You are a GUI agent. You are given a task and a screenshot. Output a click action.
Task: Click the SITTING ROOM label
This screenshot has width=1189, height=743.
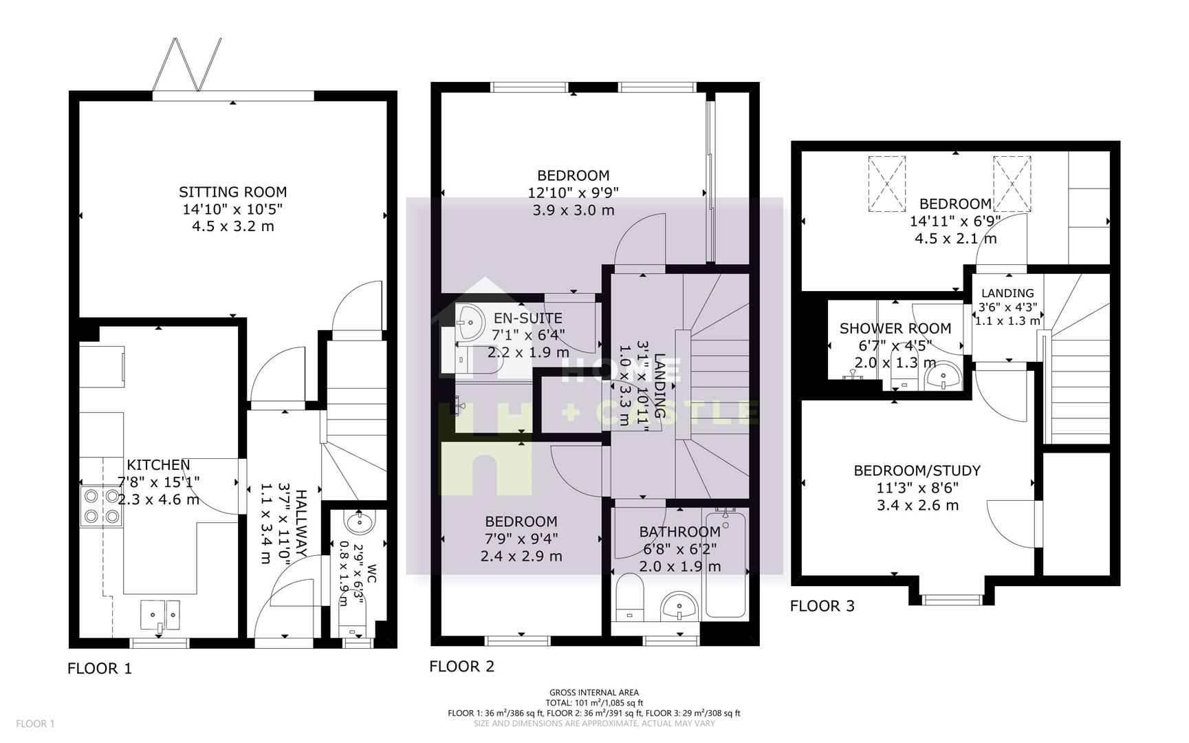click(x=232, y=192)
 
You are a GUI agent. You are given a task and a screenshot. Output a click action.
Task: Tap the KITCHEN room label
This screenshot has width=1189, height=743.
click(x=158, y=465)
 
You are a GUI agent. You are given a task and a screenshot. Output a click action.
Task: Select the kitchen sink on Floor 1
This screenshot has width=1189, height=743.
click(x=160, y=614)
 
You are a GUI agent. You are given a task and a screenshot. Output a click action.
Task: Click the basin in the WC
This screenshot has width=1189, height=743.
click(x=359, y=523)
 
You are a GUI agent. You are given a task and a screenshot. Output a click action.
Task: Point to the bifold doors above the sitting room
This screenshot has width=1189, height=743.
click(x=187, y=65)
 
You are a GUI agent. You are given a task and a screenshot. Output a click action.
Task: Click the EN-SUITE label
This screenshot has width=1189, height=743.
click(x=528, y=319)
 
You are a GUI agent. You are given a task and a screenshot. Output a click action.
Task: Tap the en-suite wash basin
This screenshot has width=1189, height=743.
click(x=470, y=322)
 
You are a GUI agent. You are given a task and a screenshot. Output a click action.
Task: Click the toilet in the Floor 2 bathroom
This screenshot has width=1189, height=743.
click(x=629, y=596)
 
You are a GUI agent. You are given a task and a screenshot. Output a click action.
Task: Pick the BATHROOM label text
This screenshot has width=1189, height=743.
click(x=679, y=532)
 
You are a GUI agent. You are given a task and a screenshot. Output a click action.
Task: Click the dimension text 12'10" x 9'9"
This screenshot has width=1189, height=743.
click(x=573, y=193)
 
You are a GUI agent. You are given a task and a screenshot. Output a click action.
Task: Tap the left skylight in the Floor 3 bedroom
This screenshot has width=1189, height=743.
click(x=887, y=184)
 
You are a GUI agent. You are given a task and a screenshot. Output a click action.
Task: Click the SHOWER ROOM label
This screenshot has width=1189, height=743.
click(x=895, y=329)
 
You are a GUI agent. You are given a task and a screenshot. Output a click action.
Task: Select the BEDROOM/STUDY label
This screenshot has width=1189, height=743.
click(x=917, y=471)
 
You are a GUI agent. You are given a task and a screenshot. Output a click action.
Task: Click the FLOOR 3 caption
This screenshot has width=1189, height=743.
click(x=822, y=606)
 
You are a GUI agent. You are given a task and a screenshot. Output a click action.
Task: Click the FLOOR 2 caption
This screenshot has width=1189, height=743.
click(x=461, y=666)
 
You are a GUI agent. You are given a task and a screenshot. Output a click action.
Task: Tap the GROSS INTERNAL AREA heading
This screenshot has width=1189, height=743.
click(x=593, y=693)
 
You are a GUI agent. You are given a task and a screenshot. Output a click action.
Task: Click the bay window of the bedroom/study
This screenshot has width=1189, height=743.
click(x=951, y=599)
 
